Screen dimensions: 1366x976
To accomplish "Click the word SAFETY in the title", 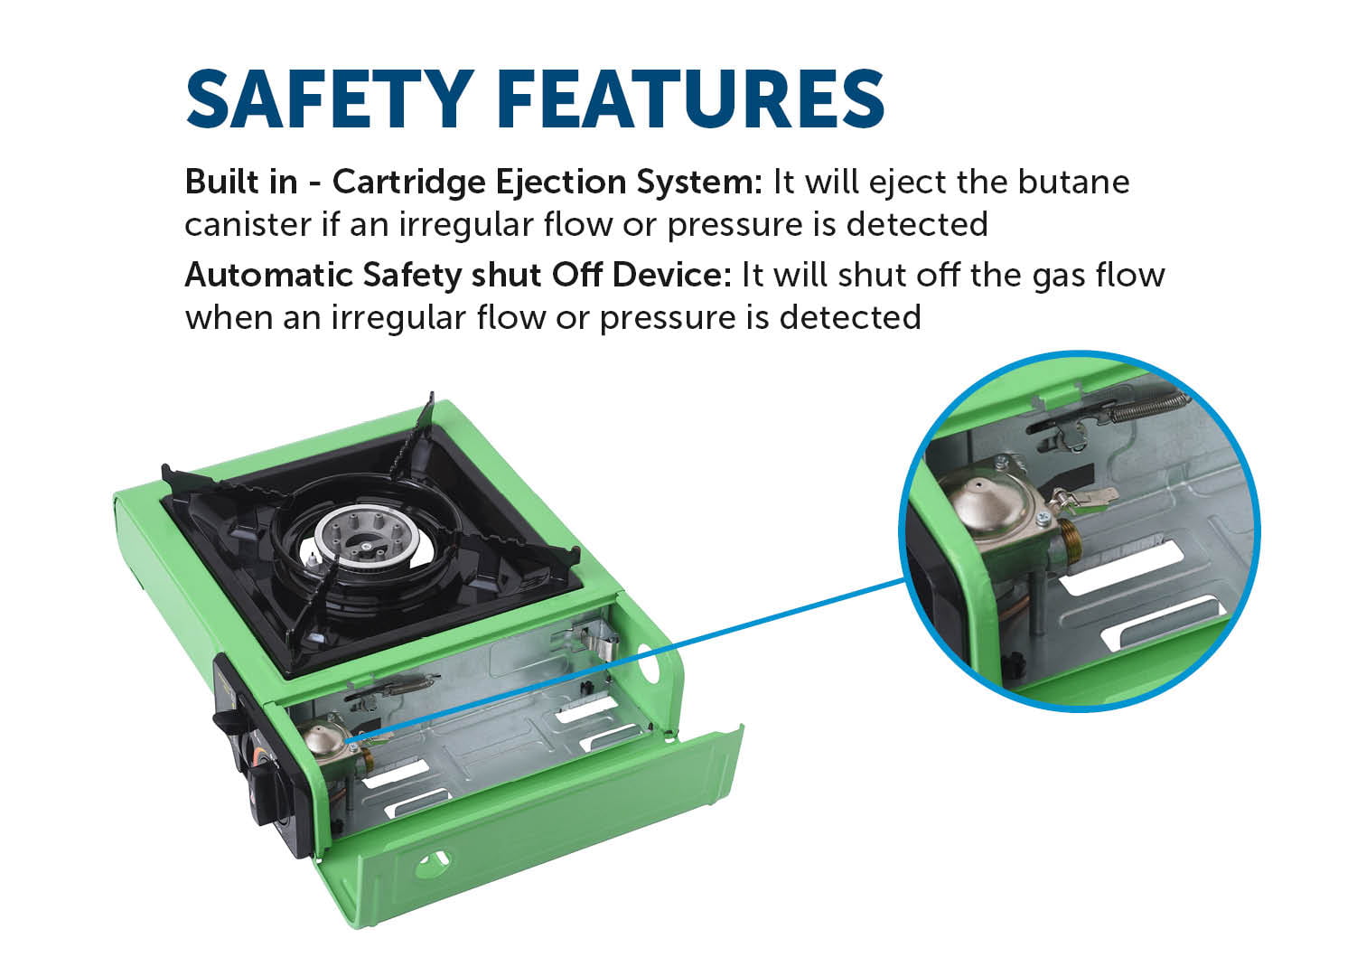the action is [330, 99].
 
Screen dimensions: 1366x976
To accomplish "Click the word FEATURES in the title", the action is [691, 99].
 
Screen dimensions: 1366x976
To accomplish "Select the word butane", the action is [1073, 182].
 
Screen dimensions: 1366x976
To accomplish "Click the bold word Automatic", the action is [269, 275].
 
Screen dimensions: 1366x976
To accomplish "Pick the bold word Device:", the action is [671, 275].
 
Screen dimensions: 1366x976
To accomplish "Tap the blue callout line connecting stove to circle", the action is [626, 660].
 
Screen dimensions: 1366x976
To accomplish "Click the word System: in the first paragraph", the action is [699, 183].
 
